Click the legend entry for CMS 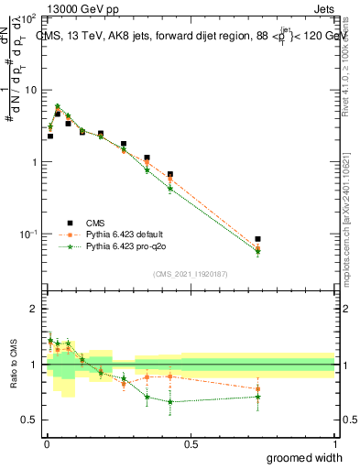pos(93,222)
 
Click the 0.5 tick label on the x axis pos(191,444)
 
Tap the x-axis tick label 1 pos(334,444)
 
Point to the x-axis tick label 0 pos(46,444)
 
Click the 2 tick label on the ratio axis pos(34,310)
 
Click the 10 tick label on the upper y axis pos(30,90)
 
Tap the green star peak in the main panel pos(58,106)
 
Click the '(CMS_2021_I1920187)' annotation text pos(190,274)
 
